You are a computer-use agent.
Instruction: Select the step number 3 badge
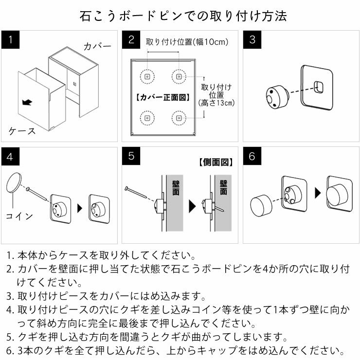tap(252, 39)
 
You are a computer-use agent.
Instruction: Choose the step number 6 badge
tap(252, 157)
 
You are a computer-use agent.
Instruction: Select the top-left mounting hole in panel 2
tap(146, 76)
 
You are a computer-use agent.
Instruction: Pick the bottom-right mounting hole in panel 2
tap(179, 117)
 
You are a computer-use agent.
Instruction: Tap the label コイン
tap(19, 216)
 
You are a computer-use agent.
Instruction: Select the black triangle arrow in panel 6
tap(318, 193)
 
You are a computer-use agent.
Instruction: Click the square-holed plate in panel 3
tap(317, 86)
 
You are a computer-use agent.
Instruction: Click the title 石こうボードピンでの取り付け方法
tap(180, 16)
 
